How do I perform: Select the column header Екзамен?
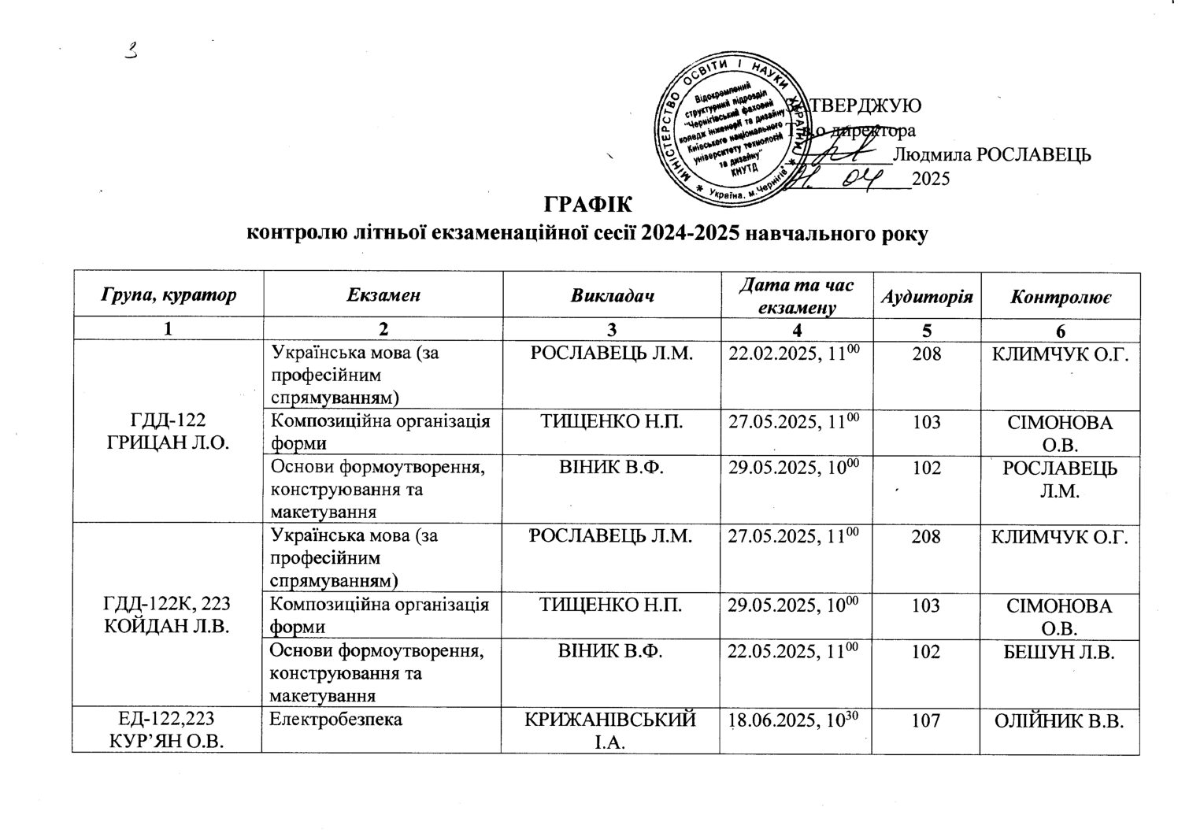pos(382,296)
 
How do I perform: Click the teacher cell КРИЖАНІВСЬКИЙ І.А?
pos(611,730)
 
